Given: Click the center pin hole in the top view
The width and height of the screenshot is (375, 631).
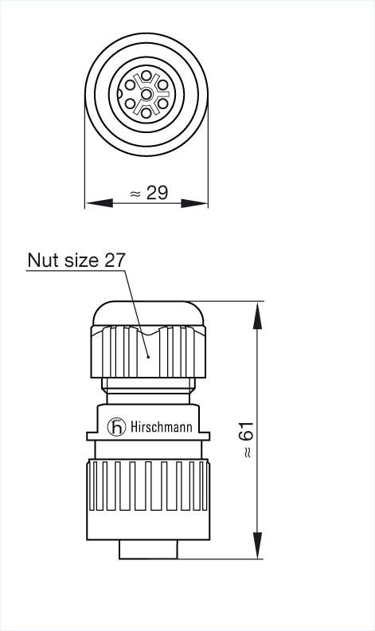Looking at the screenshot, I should click(146, 95).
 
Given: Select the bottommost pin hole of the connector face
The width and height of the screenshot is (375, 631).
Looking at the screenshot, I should click(146, 113).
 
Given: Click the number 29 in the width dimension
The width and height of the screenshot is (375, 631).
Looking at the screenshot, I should click(158, 193).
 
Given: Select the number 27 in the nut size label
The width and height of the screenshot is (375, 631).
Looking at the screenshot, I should click(115, 261).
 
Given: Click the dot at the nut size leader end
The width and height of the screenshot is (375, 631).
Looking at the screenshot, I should click(148, 358).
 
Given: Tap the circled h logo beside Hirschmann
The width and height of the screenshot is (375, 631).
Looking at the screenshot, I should click(118, 428).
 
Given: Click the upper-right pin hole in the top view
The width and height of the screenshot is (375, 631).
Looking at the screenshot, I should click(162, 85).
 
